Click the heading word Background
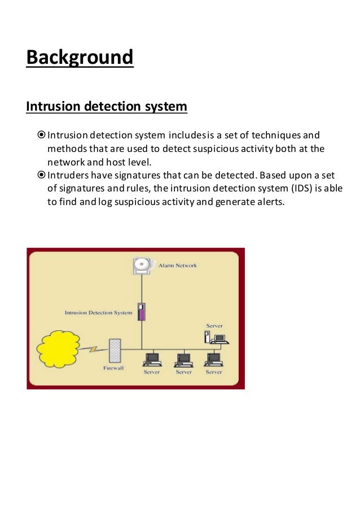point(80,58)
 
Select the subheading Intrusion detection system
point(107,106)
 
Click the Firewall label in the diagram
point(115,368)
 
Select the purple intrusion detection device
point(142,311)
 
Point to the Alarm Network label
point(178,265)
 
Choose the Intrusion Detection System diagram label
point(98,312)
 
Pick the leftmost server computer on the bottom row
point(151,359)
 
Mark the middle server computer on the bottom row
point(183,359)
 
